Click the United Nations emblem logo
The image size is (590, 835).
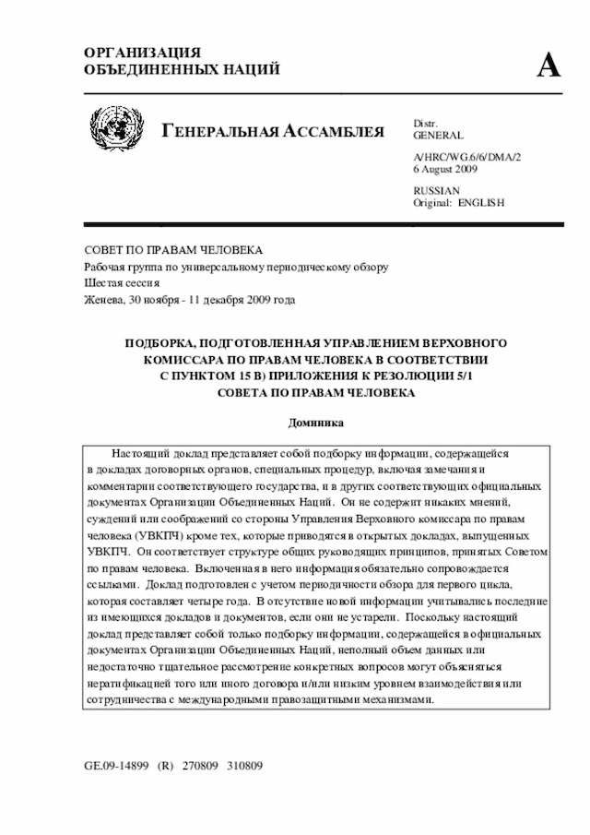click(x=117, y=129)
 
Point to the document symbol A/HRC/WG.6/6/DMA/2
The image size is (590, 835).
click(x=467, y=158)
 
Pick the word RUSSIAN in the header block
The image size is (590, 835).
click(x=436, y=190)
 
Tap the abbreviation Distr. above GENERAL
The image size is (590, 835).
click(x=426, y=123)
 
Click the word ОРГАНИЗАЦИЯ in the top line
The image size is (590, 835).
click(x=142, y=53)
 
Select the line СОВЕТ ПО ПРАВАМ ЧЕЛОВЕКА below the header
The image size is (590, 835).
click(x=173, y=250)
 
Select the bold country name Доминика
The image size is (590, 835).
click(x=315, y=422)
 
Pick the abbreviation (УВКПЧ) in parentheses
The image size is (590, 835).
click(x=163, y=536)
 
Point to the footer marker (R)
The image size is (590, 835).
click(x=167, y=766)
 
